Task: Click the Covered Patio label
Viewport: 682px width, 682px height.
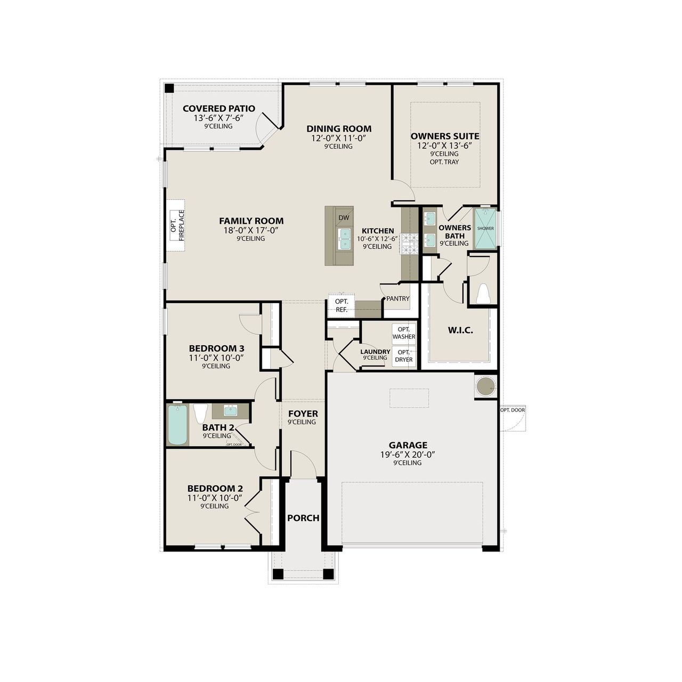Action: coord(218,109)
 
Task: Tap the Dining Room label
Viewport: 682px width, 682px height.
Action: coord(339,128)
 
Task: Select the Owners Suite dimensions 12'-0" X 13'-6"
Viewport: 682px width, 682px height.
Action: coord(445,145)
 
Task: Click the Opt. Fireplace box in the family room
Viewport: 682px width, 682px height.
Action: coord(177,226)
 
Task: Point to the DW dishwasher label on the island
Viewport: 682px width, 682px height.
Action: coord(344,217)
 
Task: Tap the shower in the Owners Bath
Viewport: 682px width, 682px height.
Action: coord(485,228)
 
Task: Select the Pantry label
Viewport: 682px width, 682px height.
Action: coord(397,299)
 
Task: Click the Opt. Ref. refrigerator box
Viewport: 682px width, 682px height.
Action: coord(342,305)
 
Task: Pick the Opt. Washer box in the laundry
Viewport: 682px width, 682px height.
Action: coord(403,333)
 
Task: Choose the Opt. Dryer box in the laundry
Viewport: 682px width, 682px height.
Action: coord(403,355)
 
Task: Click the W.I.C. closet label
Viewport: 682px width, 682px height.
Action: coord(460,330)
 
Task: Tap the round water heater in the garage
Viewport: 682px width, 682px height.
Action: coord(485,386)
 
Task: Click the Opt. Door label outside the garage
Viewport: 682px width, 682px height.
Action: coord(512,410)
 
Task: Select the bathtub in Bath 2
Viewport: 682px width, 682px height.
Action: coord(178,424)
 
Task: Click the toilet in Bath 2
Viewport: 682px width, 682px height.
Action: coord(200,413)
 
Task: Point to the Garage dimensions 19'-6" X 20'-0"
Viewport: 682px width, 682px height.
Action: coord(408,454)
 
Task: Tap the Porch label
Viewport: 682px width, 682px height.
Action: coord(303,518)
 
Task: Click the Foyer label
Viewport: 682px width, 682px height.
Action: coord(303,413)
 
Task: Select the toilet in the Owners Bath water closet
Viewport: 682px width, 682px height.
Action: coord(483,294)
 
